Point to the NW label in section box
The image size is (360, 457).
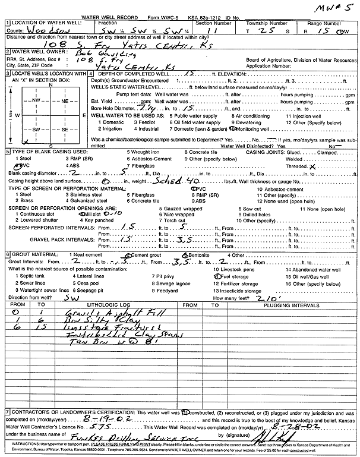(36, 100)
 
